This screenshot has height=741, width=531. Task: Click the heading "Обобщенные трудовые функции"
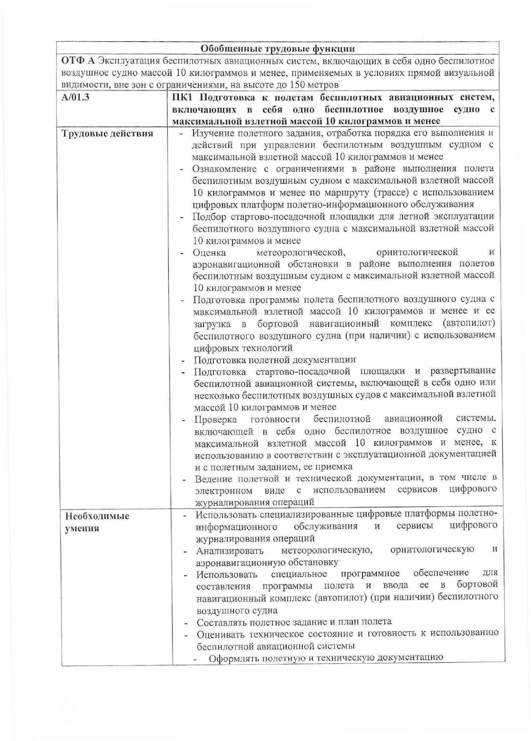coord(278,49)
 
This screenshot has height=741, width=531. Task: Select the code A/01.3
coord(75,99)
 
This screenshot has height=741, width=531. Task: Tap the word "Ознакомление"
coord(224,169)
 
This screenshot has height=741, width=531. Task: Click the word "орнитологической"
coord(417,252)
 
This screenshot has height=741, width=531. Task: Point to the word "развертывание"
coord(463,371)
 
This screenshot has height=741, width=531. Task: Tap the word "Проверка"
coord(216,419)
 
